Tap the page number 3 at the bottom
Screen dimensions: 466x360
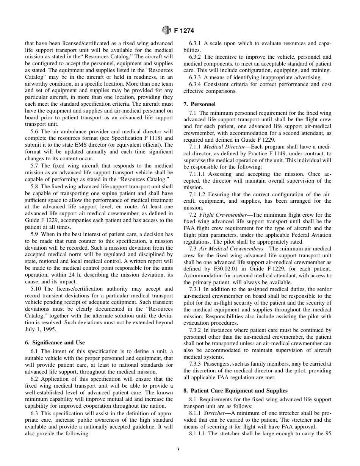(x=178, y=450)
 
